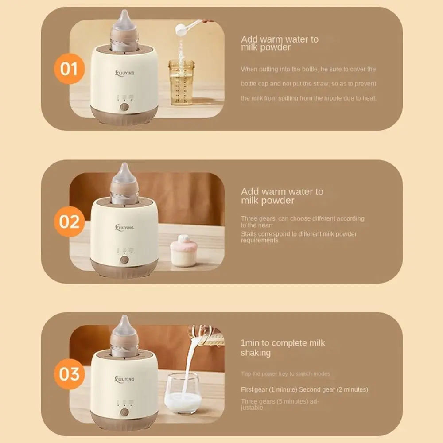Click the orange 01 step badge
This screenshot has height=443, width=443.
click(69, 69)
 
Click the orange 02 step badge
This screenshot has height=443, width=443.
click(69, 221)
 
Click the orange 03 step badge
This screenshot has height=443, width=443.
click(69, 374)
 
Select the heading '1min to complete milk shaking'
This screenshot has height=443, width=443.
click(282, 348)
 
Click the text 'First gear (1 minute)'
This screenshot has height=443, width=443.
click(269, 390)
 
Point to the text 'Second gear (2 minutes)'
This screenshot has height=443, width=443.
click(334, 390)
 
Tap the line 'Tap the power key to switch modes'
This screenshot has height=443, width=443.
click(285, 374)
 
